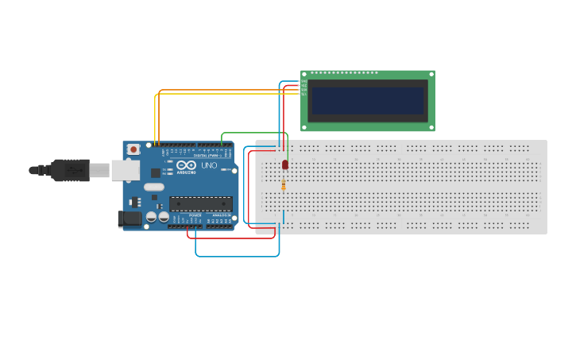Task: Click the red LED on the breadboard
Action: tap(285, 165)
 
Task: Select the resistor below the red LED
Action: tap(284, 185)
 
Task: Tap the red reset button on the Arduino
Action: tap(133, 149)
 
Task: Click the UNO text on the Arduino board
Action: tap(209, 165)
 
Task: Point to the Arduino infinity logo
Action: tap(186, 165)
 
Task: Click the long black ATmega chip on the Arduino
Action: tap(201, 204)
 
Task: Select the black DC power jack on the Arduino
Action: tap(130, 218)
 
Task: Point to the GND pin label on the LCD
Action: tap(303, 81)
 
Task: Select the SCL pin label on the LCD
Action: tap(303, 95)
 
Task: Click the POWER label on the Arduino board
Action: tap(195, 215)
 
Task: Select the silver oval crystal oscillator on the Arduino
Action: tap(154, 188)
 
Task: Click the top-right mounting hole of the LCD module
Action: tap(431, 74)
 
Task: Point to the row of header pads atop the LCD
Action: tap(344, 73)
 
